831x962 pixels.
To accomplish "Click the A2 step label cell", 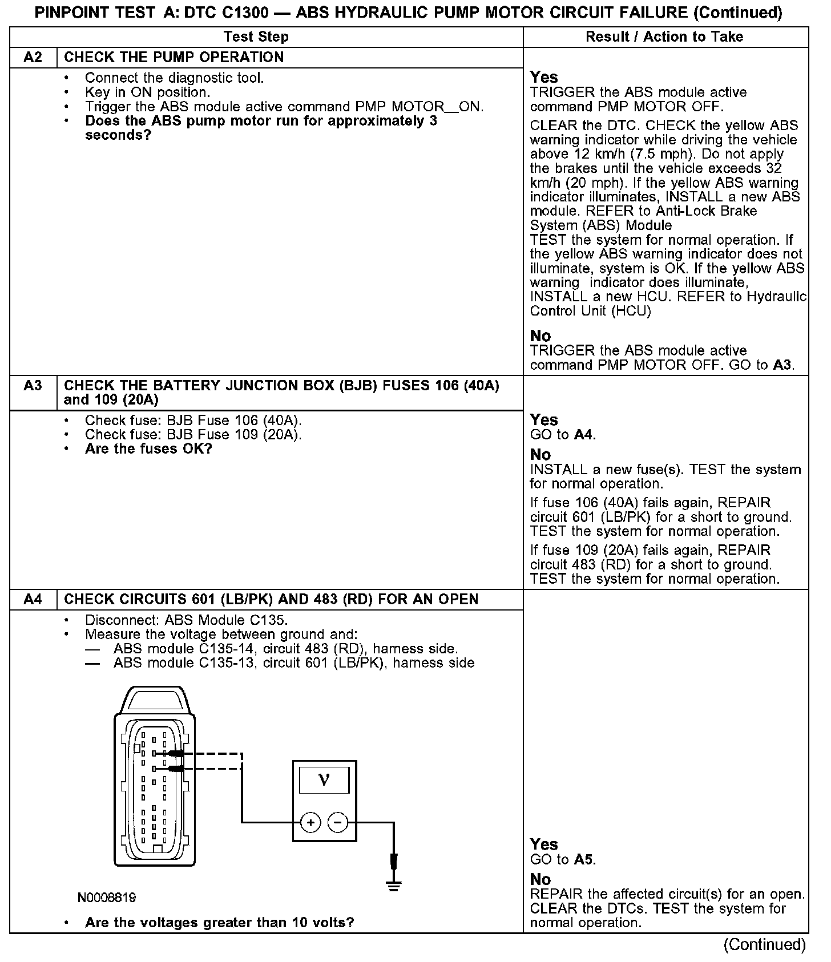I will tap(33, 58).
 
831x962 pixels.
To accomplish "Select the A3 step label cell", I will tap(33, 386).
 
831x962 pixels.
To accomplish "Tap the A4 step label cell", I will tap(33, 600).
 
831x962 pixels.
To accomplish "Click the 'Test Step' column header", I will tap(256, 37).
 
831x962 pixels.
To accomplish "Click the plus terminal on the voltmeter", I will tap(310, 822).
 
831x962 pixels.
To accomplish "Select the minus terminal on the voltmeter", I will tap(338, 822).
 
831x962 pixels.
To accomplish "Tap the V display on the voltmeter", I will tap(324, 779).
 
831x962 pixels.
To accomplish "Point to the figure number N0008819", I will tap(107, 898).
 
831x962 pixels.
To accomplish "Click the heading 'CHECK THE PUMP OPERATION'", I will tap(174, 58).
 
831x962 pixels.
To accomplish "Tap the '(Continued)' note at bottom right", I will tap(764, 945).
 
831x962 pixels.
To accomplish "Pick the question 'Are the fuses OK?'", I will tap(148, 449).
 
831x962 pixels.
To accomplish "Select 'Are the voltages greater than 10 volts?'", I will tap(220, 923).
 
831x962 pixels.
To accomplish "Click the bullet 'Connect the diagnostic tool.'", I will tap(174, 78).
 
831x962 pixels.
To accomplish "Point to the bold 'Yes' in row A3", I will tap(543, 421).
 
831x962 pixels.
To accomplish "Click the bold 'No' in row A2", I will tap(540, 336).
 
